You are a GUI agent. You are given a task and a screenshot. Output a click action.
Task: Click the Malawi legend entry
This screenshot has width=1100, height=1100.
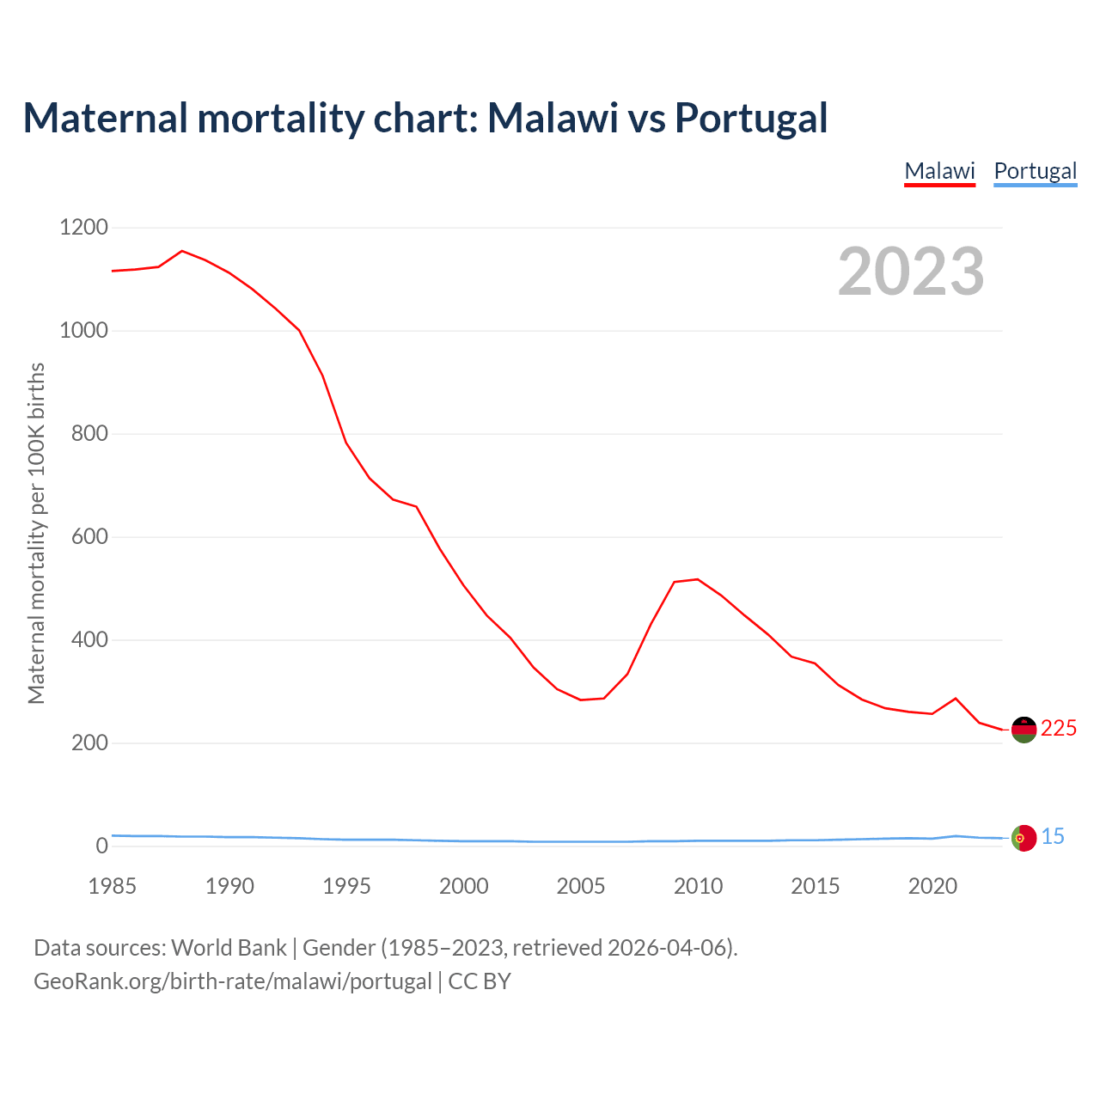click(x=939, y=171)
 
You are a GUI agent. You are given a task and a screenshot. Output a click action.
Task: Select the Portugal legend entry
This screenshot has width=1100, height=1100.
click(x=1035, y=171)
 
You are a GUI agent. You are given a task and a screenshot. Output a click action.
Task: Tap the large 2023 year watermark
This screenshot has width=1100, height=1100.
click(x=911, y=272)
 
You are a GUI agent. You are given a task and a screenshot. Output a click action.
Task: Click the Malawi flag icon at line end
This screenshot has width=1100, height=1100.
click(x=1024, y=730)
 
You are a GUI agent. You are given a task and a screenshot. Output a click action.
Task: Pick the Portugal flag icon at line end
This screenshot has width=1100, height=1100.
click(x=1024, y=838)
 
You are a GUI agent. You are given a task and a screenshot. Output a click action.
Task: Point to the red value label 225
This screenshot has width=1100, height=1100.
click(x=1059, y=729)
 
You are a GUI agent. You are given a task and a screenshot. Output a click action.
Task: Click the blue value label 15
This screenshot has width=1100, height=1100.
click(x=1053, y=836)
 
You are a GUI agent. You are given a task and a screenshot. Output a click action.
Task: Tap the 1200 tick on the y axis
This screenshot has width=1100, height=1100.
click(x=83, y=228)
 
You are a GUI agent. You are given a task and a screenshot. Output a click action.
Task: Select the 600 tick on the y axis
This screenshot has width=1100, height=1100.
click(x=89, y=537)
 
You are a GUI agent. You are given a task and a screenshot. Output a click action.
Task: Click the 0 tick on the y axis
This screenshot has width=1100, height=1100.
click(x=102, y=846)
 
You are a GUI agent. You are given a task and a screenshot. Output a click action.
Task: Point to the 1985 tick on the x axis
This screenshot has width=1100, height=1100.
click(x=113, y=886)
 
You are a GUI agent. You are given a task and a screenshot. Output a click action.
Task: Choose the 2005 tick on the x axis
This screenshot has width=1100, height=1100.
click(x=581, y=886)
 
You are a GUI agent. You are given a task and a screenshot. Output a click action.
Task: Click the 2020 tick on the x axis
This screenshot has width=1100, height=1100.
click(x=932, y=886)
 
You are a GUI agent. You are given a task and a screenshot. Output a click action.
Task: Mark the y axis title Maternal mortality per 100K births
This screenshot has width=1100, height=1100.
click(x=36, y=534)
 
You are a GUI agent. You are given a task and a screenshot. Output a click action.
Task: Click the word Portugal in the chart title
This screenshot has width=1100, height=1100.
click(x=750, y=118)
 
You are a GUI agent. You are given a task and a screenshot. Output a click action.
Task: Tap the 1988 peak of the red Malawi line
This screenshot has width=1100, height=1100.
click(x=182, y=251)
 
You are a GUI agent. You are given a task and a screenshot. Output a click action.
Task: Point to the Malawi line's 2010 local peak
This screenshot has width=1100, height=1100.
click(x=697, y=579)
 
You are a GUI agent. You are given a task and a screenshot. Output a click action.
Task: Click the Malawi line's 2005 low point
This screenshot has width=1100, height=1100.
click(x=581, y=700)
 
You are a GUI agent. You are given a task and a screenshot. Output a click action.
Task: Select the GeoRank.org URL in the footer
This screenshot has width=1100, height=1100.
click(x=233, y=981)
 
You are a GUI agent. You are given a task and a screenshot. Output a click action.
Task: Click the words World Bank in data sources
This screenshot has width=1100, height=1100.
click(x=229, y=948)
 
